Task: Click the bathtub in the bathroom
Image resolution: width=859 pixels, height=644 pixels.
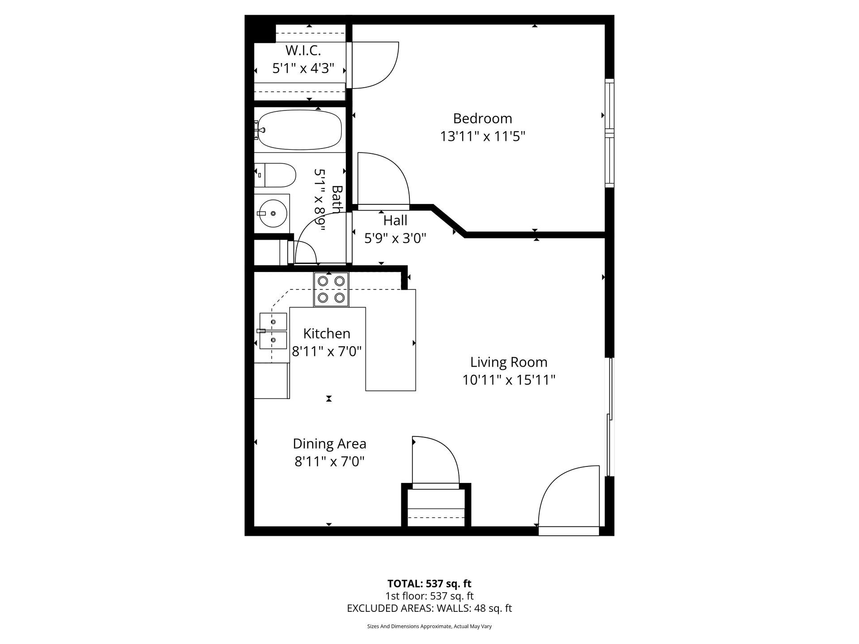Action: [298, 130]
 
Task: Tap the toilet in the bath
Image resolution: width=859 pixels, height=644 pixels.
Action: [275, 175]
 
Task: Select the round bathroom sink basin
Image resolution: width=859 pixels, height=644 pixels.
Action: [272, 213]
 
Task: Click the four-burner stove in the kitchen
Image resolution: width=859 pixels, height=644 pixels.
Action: [331, 289]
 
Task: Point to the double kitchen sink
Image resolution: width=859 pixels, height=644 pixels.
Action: [273, 331]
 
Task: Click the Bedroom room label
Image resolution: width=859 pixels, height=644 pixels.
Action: [482, 119]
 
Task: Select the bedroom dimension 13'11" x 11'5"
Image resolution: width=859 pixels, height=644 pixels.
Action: [482, 136]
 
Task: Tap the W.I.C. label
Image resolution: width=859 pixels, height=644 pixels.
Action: [303, 50]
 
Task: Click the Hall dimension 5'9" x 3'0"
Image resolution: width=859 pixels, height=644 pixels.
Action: [395, 238]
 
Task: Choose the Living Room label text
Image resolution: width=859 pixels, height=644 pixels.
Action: [509, 362]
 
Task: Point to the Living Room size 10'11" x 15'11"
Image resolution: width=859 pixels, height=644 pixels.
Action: [509, 380]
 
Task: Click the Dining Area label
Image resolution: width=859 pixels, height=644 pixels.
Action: [330, 444]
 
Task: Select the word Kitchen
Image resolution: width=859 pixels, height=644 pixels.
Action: [327, 334]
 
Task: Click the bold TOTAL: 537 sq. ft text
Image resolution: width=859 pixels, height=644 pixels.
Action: [429, 584]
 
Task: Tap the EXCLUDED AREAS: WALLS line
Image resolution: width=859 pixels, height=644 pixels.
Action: [429, 608]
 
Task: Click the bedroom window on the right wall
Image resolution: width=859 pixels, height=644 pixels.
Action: [609, 132]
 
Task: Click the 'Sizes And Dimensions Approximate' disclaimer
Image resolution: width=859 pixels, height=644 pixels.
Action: [429, 627]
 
